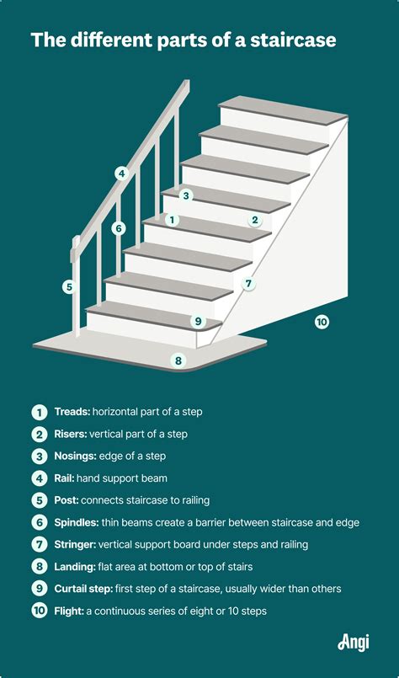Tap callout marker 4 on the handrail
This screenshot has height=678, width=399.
tap(121, 174)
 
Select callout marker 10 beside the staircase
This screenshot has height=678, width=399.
tap(321, 322)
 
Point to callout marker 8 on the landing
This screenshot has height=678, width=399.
tap(178, 360)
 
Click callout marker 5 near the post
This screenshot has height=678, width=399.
tap(68, 286)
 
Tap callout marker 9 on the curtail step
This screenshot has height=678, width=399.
tap(198, 321)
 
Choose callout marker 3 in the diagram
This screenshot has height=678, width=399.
tap(186, 195)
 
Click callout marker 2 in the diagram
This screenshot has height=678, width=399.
tap(254, 221)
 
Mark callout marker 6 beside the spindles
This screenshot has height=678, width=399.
tap(119, 227)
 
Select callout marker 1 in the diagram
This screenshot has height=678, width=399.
tap(172, 221)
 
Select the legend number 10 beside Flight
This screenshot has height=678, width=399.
tap(39, 611)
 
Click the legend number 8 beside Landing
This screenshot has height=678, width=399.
tap(39, 567)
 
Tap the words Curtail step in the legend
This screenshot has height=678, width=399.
tap(88, 589)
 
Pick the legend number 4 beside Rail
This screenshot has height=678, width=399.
tap(39, 478)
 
